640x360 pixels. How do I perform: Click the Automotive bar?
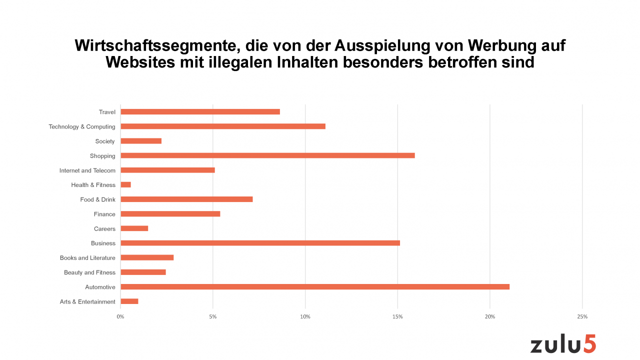(x=315, y=287)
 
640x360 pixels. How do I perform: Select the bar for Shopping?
(x=267, y=155)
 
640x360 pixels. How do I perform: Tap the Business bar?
(x=260, y=243)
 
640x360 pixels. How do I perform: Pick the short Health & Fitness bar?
(x=125, y=185)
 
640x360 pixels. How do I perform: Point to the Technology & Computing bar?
(x=223, y=126)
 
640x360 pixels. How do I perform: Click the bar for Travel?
(x=200, y=112)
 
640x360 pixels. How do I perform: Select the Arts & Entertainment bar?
(x=129, y=301)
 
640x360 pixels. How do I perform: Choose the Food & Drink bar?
(x=186, y=199)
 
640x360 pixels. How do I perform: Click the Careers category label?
(x=104, y=229)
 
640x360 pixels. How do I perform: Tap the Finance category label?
(x=104, y=214)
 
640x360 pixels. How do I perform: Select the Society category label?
(x=105, y=141)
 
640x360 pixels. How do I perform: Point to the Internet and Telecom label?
(x=87, y=170)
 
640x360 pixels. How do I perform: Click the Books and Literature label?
(x=87, y=258)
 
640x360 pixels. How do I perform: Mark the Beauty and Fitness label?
(x=89, y=272)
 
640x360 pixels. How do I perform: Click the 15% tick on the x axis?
(x=397, y=317)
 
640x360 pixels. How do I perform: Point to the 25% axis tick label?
(x=582, y=317)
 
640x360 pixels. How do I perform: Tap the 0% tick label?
(x=120, y=317)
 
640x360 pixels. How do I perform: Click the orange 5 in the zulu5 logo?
(x=589, y=344)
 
